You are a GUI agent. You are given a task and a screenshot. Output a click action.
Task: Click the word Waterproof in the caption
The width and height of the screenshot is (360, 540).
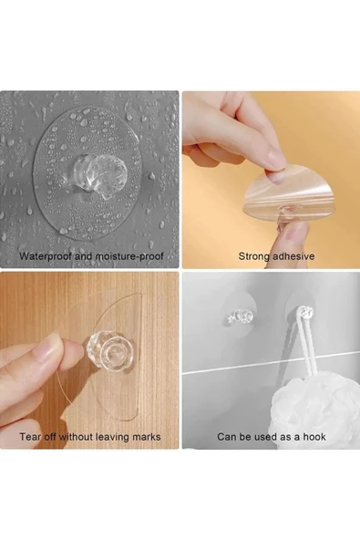[x=46, y=256]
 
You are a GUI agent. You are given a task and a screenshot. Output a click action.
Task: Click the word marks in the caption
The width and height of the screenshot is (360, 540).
[x=148, y=437]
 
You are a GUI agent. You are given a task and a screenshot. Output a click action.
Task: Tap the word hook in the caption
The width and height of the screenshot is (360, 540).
[x=314, y=437]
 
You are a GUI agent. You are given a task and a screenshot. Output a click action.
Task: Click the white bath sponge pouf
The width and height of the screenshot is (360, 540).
[x=306, y=407]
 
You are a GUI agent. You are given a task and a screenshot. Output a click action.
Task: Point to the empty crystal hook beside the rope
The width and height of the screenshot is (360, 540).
[x=239, y=317]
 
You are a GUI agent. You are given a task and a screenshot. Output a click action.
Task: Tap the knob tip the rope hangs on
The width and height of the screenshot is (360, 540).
[x=307, y=312]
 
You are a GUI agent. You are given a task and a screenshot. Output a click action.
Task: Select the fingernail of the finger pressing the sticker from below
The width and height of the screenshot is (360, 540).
[x=295, y=234]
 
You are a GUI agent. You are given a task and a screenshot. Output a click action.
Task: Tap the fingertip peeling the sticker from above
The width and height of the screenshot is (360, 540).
[x=275, y=172]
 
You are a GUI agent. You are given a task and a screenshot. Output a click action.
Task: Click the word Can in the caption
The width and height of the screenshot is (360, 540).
[x=226, y=437]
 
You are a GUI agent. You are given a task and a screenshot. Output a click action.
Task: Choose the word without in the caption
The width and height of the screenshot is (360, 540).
[x=76, y=437]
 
